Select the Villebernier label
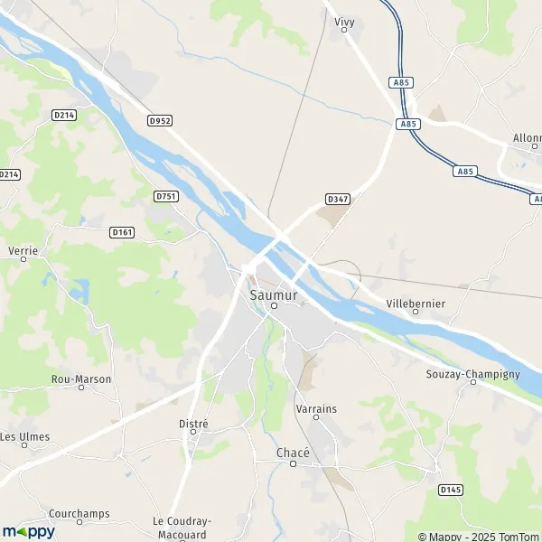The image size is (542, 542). (x=415, y=304)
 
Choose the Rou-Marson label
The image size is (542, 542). (x=80, y=379)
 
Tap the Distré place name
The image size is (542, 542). (x=193, y=423)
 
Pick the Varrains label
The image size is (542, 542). (x=316, y=408)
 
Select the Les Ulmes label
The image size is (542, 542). (x=25, y=437)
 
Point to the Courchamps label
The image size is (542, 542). (x=79, y=513)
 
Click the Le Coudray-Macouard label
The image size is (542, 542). (x=182, y=527)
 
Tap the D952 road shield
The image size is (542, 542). (x=160, y=119)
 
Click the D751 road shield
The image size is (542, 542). (x=166, y=196)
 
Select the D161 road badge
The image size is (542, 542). (x=122, y=232)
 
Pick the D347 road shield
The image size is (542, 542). (x=337, y=199)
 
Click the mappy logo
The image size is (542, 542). (x=28, y=531)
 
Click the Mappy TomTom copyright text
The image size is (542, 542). (x=479, y=536)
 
